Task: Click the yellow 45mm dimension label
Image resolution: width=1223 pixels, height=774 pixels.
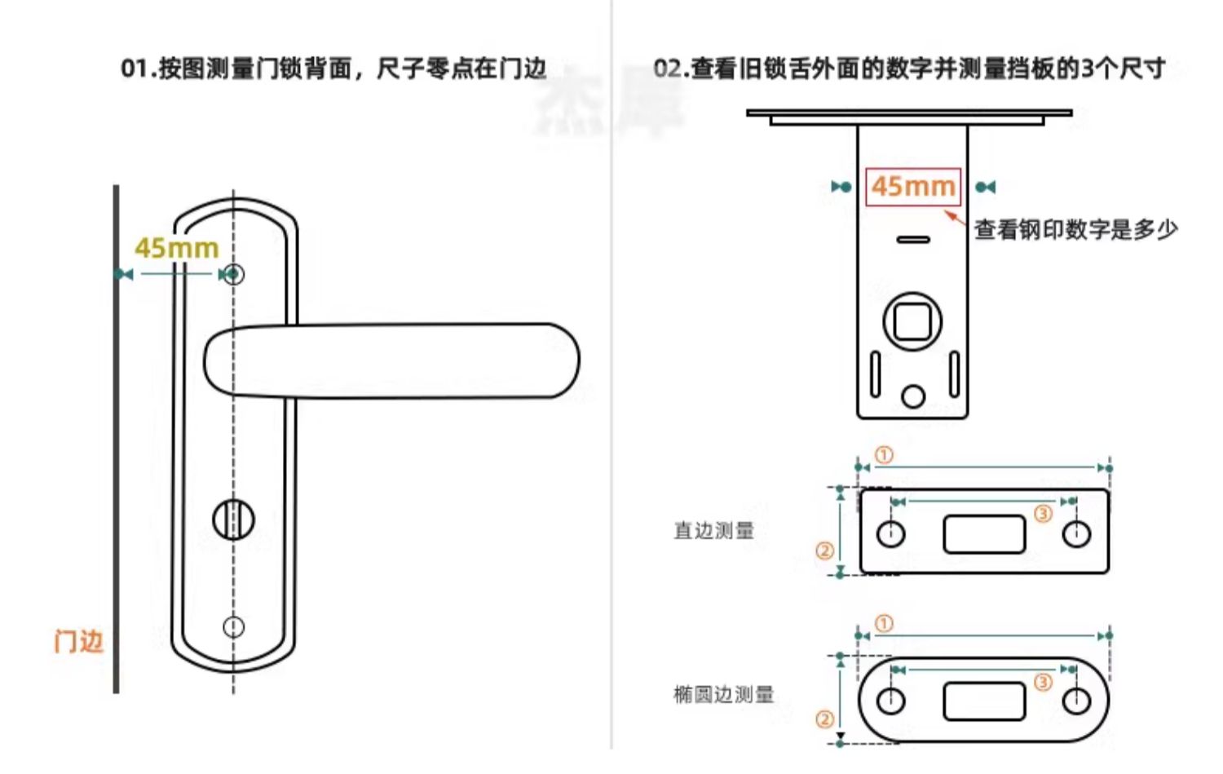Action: click(x=176, y=248)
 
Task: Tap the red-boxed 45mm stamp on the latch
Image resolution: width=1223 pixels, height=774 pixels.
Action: click(x=913, y=187)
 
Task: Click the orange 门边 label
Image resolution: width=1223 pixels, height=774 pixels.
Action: click(x=78, y=642)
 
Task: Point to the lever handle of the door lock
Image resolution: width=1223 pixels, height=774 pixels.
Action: click(x=391, y=361)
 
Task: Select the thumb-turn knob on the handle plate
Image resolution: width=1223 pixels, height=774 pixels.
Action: click(x=233, y=520)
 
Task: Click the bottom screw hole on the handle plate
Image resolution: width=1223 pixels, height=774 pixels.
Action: click(x=234, y=626)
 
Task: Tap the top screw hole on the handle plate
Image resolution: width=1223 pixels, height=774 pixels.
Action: click(x=235, y=274)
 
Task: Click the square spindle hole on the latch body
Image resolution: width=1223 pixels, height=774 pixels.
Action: click(x=912, y=321)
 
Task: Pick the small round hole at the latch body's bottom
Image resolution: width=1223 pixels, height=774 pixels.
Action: click(x=913, y=396)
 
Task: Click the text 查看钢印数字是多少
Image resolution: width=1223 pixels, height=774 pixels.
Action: click(x=1075, y=230)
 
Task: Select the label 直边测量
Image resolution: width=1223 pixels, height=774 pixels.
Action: click(x=713, y=531)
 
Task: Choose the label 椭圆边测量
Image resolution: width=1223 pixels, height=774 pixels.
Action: click(x=723, y=695)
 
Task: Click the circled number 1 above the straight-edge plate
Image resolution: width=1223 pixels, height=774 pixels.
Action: click(x=884, y=455)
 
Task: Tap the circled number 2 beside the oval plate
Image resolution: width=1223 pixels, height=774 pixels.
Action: click(x=824, y=719)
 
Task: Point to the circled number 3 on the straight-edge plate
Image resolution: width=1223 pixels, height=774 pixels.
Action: click(x=1043, y=513)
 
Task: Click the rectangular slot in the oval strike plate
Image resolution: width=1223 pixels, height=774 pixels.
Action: click(x=983, y=701)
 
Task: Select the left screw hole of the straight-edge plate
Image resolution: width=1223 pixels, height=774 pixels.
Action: click(x=890, y=534)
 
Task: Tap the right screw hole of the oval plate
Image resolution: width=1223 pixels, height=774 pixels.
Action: click(x=1077, y=701)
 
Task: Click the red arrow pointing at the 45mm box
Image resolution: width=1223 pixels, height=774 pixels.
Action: click(x=955, y=217)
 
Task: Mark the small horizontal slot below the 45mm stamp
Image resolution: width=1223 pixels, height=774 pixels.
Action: click(x=913, y=240)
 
